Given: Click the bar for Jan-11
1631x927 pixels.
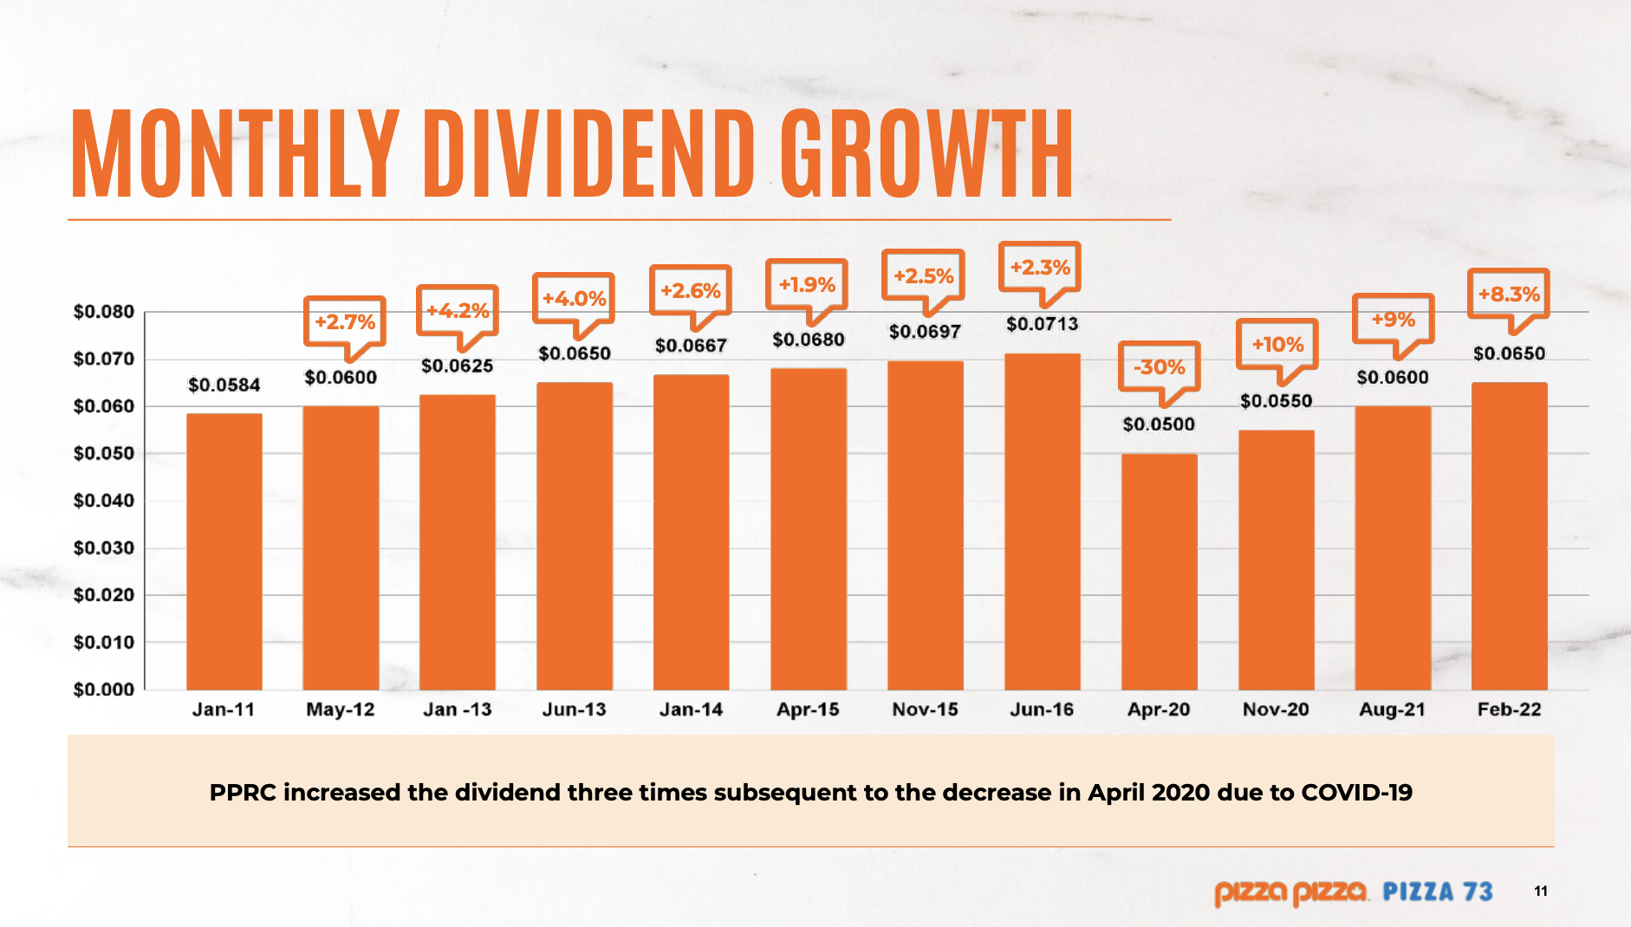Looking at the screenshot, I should [224, 552].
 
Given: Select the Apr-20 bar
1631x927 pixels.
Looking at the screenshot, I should [1159, 572].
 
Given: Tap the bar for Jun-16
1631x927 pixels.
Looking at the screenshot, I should [1042, 522].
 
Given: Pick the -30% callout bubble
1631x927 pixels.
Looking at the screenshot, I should [1159, 366].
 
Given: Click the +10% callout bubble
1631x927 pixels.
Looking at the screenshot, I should [1277, 344].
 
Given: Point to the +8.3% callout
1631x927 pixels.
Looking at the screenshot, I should [1508, 294].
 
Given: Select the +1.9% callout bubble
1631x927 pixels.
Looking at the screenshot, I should [806, 284].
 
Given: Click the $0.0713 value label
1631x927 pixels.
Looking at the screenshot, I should [1042, 324].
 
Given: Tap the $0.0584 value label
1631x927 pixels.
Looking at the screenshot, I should [224, 385].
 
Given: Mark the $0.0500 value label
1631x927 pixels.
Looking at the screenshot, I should [1158, 425].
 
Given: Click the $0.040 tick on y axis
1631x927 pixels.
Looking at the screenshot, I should [104, 501].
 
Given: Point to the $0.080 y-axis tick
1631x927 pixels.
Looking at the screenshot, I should [104, 312].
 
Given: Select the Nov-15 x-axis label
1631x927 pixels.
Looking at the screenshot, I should [925, 710].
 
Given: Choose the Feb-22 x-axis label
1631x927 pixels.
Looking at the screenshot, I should [1509, 710].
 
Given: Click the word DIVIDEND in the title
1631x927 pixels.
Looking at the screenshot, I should [588, 154].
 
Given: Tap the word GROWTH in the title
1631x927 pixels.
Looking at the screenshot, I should [926, 154].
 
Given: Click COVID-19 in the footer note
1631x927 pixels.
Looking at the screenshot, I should [1356, 792].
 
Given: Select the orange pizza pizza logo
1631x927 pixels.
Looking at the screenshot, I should [1290, 891].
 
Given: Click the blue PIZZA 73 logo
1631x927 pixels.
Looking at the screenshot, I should [1437, 891].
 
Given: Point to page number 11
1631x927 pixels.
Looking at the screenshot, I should [1540, 891].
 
